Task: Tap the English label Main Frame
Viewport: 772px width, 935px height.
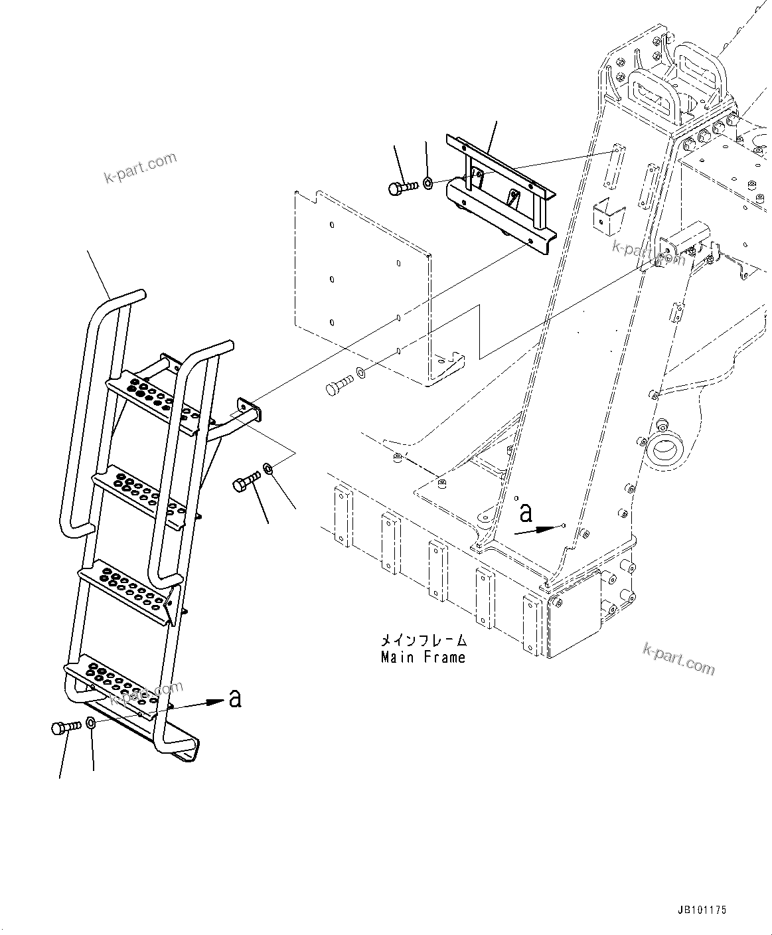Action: pyautogui.click(x=423, y=657)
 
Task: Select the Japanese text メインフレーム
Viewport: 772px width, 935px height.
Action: pyautogui.click(x=423, y=641)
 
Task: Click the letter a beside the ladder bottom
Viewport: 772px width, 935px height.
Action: pyautogui.click(x=234, y=699)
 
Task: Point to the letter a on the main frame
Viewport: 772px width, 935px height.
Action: pyautogui.click(x=526, y=513)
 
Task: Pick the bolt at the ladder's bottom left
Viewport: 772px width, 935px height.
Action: pyautogui.click(x=64, y=728)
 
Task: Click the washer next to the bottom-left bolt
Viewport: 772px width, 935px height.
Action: pyautogui.click(x=91, y=723)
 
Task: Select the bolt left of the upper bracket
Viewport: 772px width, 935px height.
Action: pyautogui.click(x=401, y=187)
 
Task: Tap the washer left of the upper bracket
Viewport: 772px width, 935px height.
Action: pyautogui.click(x=428, y=181)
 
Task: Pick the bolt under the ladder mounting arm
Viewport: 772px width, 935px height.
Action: pyautogui.click(x=246, y=483)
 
